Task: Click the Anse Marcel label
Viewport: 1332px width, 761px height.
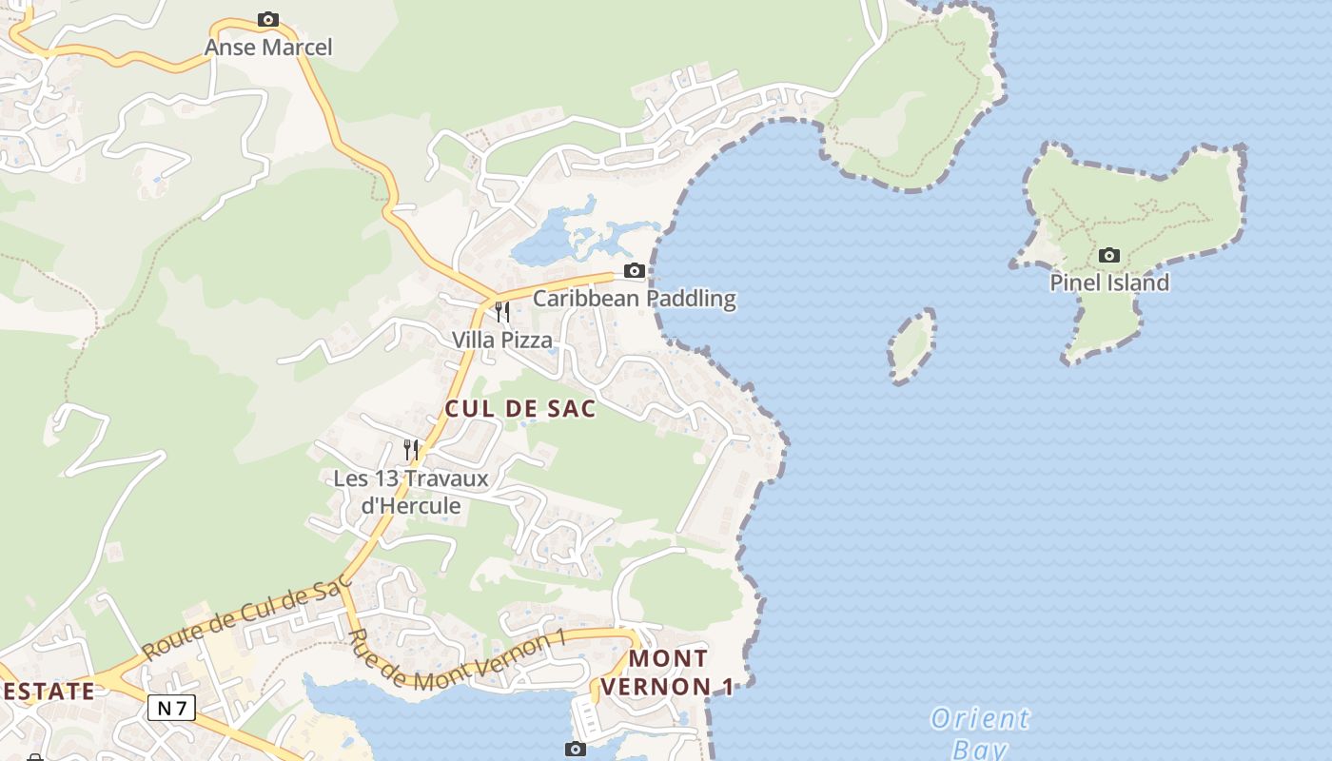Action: pos(268,47)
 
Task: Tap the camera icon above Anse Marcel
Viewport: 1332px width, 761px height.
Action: pos(268,19)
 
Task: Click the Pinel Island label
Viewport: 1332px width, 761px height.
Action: pos(1108,283)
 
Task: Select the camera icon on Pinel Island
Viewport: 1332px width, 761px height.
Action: pos(1108,255)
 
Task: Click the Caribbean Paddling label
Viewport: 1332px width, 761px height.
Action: pos(634,298)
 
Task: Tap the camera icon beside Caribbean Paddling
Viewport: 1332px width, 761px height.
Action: pos(634,271)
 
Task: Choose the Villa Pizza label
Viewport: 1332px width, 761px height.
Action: pos(501,340)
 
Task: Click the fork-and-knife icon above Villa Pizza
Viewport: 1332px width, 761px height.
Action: pos(501,311)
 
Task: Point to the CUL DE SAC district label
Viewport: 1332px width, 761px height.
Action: pos(520,409)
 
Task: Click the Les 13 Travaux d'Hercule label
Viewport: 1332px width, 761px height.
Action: pos(411,492)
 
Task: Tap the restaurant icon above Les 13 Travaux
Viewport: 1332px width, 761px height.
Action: pos(411,449)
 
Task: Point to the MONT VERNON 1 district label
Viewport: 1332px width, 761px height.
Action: pos(668,672)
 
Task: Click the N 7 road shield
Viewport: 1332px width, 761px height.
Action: pos(171,708)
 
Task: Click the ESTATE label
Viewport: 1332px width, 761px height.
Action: pos(48,691)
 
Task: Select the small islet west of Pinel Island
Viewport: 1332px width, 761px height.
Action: pos(912,345)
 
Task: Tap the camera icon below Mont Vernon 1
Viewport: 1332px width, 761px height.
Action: pos(575,749)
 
